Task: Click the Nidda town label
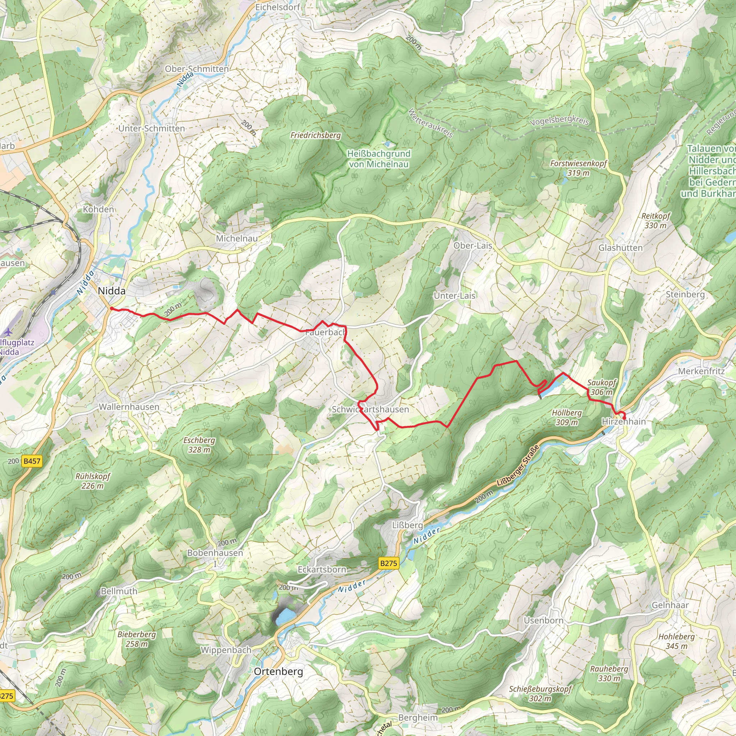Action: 111,291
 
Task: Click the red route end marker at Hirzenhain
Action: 624,419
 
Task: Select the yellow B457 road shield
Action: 32,461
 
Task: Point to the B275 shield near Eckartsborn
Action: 388,563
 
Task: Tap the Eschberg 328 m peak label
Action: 199,445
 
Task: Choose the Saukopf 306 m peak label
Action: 602,387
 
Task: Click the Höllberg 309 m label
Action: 567,418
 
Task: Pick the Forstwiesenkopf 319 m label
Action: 578,168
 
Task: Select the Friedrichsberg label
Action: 316,135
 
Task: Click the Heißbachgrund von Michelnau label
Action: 379,159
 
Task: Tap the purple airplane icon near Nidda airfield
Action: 8,332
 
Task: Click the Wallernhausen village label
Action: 129,407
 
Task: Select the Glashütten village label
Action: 620,248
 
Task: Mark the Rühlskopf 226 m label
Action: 93,481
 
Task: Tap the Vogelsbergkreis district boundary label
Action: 559,120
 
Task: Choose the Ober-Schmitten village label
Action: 197,69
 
